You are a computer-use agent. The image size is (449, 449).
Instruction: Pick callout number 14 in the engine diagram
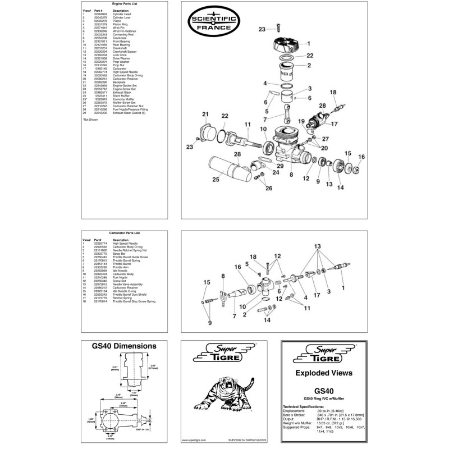(x=340, y=187)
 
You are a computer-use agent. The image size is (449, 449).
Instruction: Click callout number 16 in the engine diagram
(x=361, y=157)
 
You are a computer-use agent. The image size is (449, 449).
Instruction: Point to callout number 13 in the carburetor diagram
(x=318, y=246)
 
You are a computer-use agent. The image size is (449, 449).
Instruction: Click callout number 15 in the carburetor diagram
(x=206, y=282)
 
